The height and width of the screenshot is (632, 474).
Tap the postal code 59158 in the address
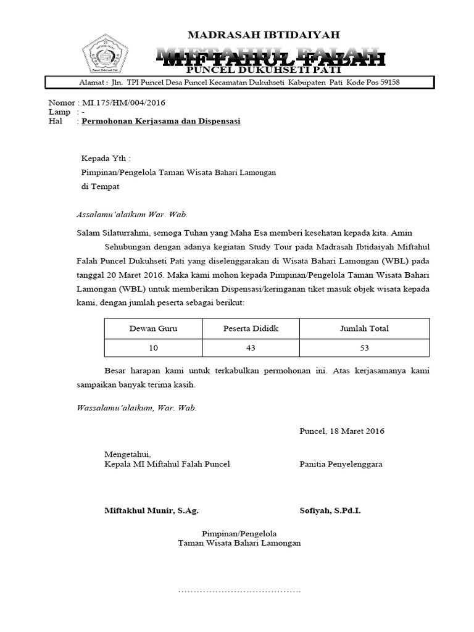[x=388, y=83]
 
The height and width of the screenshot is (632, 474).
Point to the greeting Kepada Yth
[x=106, y=159]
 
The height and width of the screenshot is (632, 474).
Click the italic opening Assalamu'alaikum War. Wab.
[x=131, y=215]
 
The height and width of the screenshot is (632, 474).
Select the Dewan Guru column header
[x=153, y=328]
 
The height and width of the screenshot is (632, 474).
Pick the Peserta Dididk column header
[x=251, y=328]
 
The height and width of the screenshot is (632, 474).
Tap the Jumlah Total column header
[x=364, y=328]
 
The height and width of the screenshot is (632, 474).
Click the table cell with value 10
[x=153, y=348]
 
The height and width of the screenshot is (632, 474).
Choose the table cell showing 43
[x=251, y=348]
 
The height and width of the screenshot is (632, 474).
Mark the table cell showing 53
[x=364, y=348]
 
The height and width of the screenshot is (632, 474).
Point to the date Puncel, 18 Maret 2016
[x=341, y=431]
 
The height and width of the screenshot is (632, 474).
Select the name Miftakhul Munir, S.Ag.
[x=151, y=511]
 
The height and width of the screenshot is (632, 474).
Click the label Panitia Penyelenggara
[x=341, y=464]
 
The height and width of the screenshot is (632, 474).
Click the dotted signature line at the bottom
[x=239, y=591]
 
